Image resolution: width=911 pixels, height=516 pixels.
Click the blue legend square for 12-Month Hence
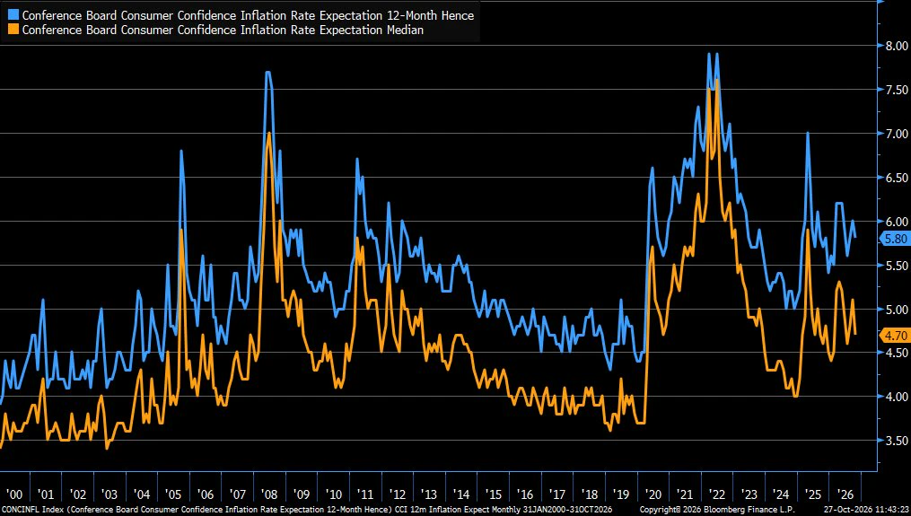coord(13,15)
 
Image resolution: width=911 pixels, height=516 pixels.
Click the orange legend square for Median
coord(13,30)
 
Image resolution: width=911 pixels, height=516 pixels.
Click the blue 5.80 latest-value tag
coord(896,238)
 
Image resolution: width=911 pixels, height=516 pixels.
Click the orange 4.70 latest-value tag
coord(896,336)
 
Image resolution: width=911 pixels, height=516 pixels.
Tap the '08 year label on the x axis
coord(269,494)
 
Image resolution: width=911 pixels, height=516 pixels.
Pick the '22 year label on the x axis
coord(717,494)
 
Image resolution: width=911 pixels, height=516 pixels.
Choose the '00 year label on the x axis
coord(14,494)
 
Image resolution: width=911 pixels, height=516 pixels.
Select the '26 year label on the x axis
coord(845,494)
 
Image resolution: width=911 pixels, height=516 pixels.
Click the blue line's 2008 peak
coord(267,72)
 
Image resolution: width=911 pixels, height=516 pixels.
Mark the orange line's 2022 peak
coord(717,80)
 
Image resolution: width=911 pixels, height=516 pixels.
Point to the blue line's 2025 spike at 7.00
coord(808,134)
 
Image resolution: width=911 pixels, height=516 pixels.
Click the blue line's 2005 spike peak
coord(181,151)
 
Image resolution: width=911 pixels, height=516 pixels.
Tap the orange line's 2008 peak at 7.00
coord(268,134)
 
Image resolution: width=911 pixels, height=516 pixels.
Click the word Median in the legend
coord(405,30)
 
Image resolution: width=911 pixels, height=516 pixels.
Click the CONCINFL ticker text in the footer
coord(20,510)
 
